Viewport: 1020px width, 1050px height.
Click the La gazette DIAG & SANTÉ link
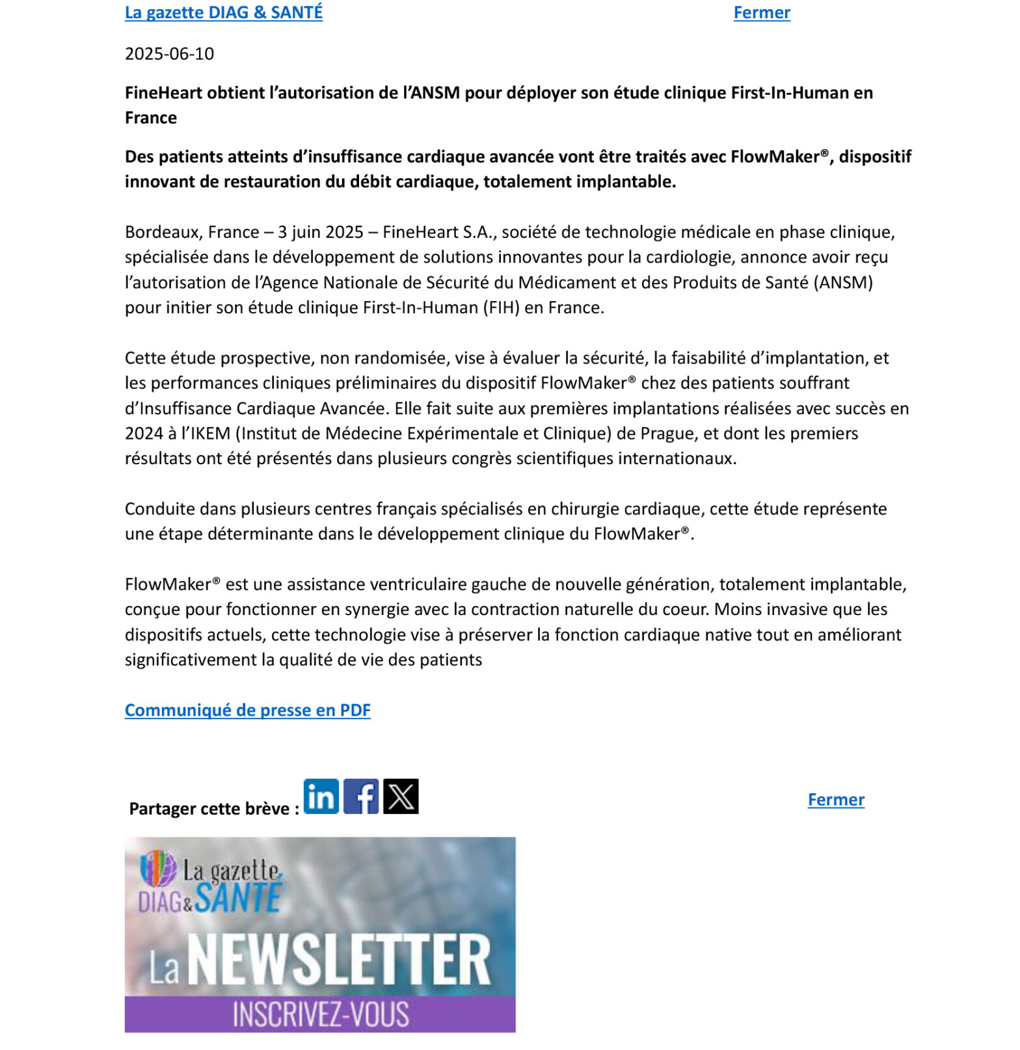pyautogui.click(x=223, y=12)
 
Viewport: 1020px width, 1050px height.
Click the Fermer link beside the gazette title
pyautogui.click(x=761, y=12)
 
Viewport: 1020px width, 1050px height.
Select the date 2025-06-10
pyautogui.click(x=169, y=53)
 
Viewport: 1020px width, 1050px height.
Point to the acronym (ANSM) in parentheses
pyautogui.click(x=843, y=283)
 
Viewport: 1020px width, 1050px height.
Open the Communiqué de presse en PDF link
pyautogui.click(x=247, y=710)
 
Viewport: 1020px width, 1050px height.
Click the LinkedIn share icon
pyautogui.click(x=321, y=796)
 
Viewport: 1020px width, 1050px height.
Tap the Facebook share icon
pyautogui.click(x=361, y=796)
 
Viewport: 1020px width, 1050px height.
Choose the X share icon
pyautogui.click(x=401, y=796)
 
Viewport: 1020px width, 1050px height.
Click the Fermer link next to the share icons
pyautogui.click(x=835, y=800)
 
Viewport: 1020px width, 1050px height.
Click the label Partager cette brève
pyautogui.click(x=213, y=809)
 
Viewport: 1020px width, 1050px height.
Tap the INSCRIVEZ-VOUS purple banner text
pyautogui.click(x=321, y=1014)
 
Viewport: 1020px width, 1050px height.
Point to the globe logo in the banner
pyautogui.click(x=158, y=869)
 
